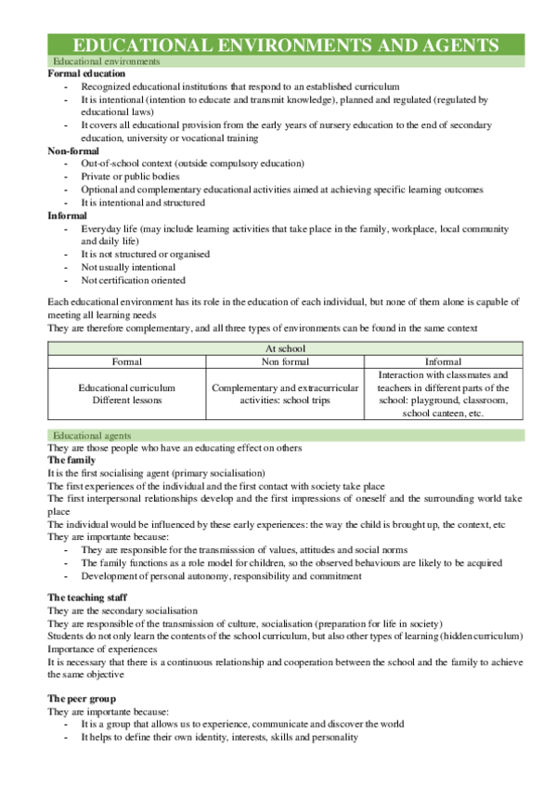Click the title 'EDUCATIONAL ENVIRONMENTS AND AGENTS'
click(x=286, y=45)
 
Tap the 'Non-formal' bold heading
click(x=73, y=150)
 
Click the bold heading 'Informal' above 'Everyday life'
click(x=68, y=215)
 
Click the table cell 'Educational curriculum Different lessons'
click(x=126, y=394)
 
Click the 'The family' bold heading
click(x=70, y=460)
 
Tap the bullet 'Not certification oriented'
click(x=133, y=280)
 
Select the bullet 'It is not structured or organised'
click(x=145, y=254)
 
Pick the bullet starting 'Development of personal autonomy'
click(x=221, y=576)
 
